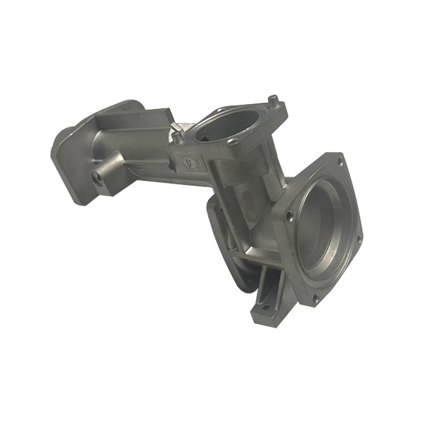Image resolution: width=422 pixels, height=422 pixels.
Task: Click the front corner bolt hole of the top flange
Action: [231, 143]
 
